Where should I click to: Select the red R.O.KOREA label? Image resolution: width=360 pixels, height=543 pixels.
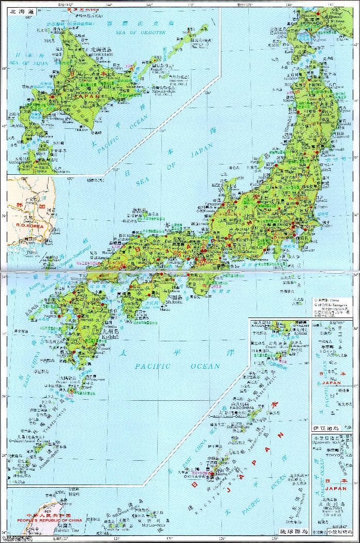(x=28, y=225)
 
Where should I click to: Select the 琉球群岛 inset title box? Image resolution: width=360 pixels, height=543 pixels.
(x=293, y=531)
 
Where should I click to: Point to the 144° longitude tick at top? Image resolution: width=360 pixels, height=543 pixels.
(x=109, y=5)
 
